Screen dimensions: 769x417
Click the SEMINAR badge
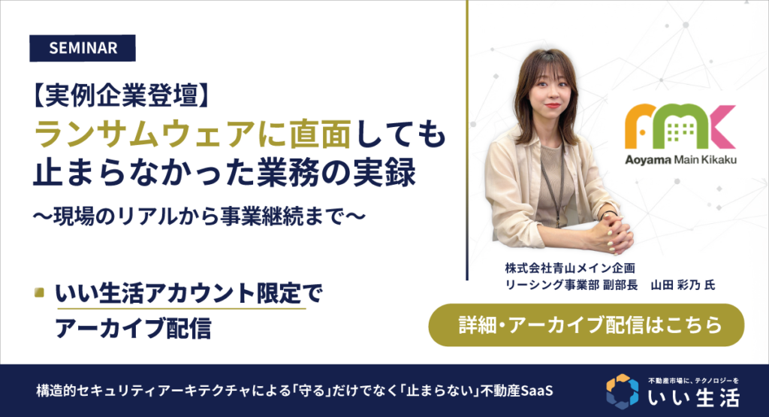click(83, 48)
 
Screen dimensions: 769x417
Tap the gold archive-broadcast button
click(586, 325)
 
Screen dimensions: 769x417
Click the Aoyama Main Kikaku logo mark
click(680, 126)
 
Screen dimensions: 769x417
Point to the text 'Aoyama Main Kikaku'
click(680, 160)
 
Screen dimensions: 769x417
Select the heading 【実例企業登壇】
click(122, 95)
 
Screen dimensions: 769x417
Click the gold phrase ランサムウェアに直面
click(193, 134)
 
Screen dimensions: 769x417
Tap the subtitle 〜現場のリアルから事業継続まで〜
click(199, 216)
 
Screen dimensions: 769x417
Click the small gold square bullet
click(39, 293)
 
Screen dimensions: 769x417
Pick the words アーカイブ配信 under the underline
click(134, 328)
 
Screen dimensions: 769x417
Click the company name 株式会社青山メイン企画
click(570, 268)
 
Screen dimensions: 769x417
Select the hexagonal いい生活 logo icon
click(623, 391)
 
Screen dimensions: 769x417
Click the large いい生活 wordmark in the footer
click(694, 397)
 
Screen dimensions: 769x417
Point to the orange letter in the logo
click(640, 126)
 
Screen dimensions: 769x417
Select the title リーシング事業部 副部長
click(571, 285)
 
